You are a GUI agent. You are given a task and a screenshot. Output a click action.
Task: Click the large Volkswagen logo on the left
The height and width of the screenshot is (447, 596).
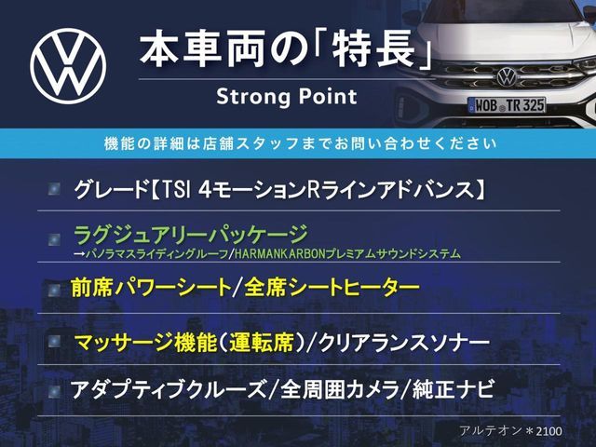[x=68, y=66]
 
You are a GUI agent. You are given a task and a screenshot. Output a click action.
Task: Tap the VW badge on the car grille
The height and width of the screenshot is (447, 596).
[x=507, y=76]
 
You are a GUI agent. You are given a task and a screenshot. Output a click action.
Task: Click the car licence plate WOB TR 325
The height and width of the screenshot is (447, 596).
[x=507, y=105]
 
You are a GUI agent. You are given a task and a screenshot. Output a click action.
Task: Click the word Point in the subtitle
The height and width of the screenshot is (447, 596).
[x=328, y=96]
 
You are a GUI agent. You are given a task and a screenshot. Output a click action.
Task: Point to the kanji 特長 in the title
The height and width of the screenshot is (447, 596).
[x=372, y=49]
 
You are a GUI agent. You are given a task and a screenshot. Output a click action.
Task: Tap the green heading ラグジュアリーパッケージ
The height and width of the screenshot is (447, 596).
[x=190, y=235]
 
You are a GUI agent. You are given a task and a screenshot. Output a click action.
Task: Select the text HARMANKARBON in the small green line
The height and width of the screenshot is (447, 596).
[x=279, y=254]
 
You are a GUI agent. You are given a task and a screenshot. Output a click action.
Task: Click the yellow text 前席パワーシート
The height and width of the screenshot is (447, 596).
[x=151, y=288]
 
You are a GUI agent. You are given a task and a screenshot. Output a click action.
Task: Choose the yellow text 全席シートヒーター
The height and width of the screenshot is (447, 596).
[x=332, y=288]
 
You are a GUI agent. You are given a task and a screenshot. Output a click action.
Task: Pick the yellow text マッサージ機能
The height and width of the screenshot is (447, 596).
[x=145, y=343]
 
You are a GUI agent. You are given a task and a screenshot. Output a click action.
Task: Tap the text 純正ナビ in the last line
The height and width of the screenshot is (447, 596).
[x=453, y=389]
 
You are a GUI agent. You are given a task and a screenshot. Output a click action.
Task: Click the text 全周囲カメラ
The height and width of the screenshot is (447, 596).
[x=339, y=389]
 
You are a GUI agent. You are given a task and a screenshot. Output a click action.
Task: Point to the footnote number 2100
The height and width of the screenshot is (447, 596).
[x=549, y=431]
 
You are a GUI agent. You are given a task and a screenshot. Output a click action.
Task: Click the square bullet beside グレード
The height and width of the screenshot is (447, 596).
[x=54, y=189]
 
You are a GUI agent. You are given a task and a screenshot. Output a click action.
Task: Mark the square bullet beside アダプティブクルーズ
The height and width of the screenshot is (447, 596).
[x=54, y=391]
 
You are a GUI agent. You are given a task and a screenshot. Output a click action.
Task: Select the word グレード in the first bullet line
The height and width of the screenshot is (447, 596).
[x=112, y=190]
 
